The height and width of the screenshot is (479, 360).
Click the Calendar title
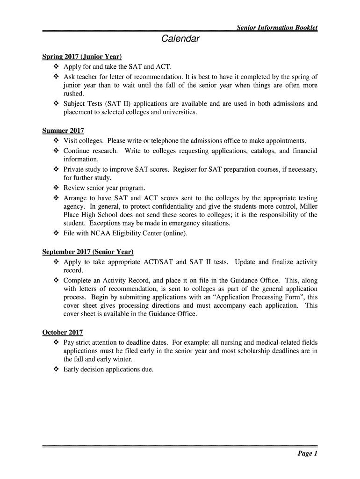[180, 39]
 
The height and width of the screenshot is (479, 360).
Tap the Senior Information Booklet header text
[277, 28]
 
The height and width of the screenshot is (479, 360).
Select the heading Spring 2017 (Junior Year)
[82, 57]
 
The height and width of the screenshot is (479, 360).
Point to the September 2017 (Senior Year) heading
[88, 252]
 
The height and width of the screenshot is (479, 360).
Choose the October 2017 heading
[63, 333]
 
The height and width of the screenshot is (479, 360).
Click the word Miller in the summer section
[308, 206]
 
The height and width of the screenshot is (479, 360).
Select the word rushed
[73, 94]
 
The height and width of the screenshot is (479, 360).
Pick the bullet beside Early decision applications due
[55, 370]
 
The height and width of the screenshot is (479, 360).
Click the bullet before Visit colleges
[55, 141]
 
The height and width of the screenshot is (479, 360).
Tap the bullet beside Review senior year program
[55, 188]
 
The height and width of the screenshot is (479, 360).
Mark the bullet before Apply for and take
[55, 67]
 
